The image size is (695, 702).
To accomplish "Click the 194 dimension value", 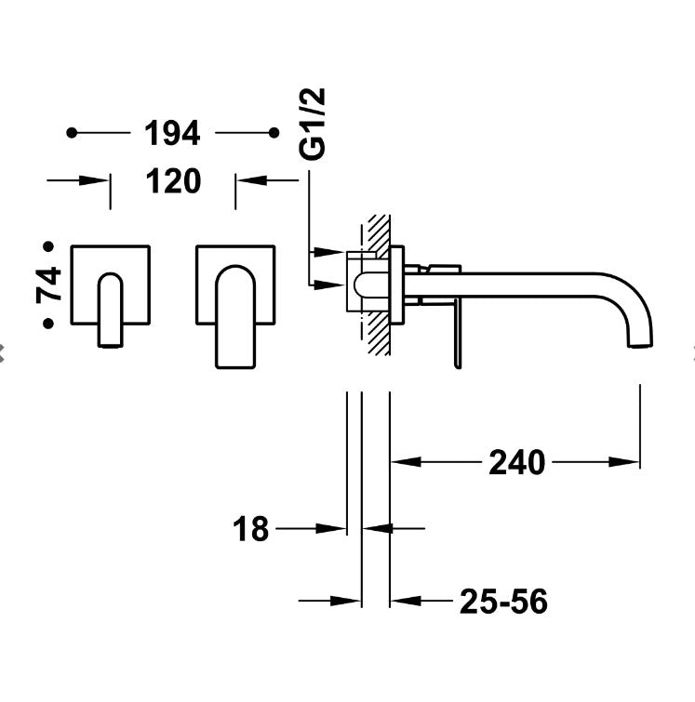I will tap(172, 134).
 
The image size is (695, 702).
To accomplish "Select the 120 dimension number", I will tap(172, 181).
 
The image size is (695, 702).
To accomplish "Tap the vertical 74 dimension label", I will tap(48, 284).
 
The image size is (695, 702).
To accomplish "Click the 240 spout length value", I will tap(516, 461).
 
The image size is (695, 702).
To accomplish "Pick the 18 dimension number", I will tap(250, 529).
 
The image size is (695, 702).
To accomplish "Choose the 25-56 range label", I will tap(502, 603).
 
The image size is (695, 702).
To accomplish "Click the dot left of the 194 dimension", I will tap(73, 134).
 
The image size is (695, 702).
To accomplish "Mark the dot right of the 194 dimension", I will tap(273, 134).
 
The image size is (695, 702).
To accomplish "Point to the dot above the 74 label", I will tap(48, 246).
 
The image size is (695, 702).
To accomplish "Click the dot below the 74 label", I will tap(48, 324).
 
